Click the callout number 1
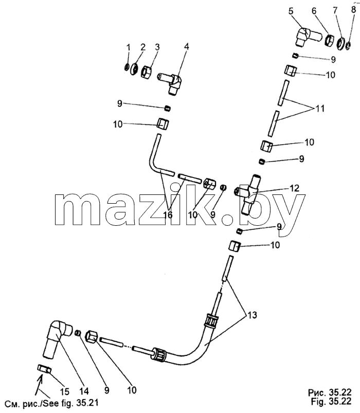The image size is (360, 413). click(128, 48)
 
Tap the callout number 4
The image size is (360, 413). click(187, 47)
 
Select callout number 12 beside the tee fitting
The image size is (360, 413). click(294, 188)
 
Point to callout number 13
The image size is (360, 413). click(252, 315)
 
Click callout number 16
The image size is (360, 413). click(168, 215)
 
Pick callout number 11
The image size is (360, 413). click(320, 108)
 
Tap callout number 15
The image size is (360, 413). click(64, 392)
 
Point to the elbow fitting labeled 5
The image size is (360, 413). click(307, 37)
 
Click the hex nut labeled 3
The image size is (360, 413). click(146, 71)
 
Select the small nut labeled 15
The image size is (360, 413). click(45, 369)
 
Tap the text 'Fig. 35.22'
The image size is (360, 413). click(331, 402)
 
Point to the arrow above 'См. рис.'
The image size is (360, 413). click(40, 382)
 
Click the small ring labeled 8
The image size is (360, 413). click(348, 46)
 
